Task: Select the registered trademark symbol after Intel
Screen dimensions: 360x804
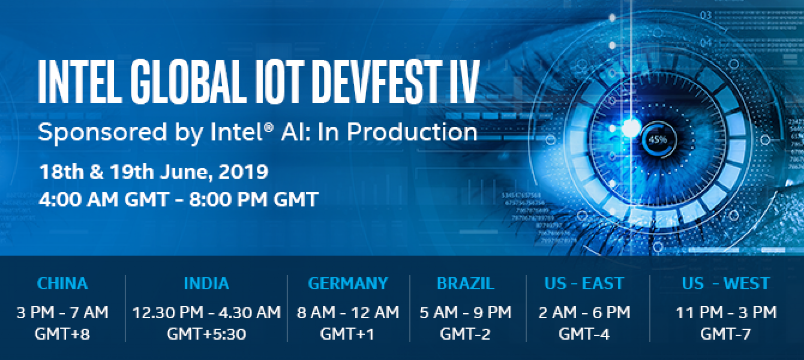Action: click(x=269, y=127)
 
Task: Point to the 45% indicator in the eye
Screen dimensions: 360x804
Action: click(x=658, y=139)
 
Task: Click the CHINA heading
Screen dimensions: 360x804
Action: click(x=62, y=283)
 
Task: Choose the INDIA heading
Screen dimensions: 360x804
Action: click(x=206, y=283)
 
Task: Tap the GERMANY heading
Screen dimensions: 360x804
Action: click(x=348, y=283)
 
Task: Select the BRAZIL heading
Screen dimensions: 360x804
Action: click(x=466, y=283)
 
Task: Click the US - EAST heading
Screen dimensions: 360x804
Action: click(x=584, y=283)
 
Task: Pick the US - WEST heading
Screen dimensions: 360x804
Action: click(x=726, y=283)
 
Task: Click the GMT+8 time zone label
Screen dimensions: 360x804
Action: click(x=62, y=334)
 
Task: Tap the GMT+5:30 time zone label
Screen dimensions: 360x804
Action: click(x=206, y=334)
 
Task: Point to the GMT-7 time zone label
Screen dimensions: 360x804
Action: click(x=726, y=334)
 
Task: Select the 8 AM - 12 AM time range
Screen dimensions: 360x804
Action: click(x=348, y=312)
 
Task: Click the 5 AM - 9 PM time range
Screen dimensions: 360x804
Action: click(x=466, y=312)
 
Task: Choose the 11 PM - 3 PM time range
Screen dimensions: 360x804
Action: click(x=726, y=312)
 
